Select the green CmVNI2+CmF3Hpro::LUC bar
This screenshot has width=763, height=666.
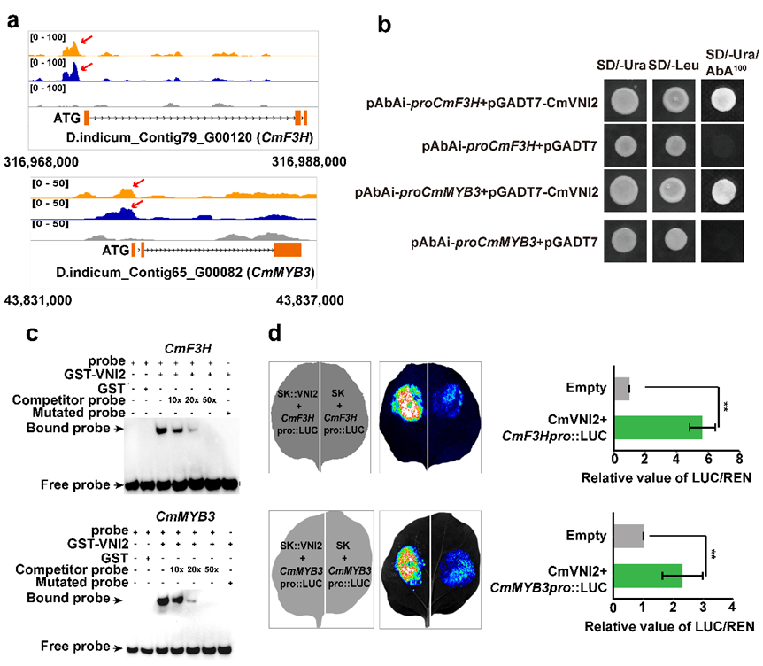[658, 428]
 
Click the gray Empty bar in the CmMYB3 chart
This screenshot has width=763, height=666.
[628, 536]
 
